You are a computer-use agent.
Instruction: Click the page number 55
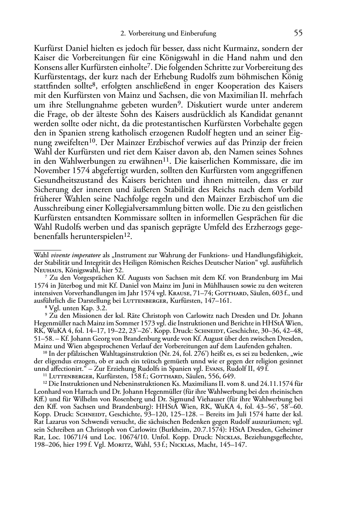pos(298,33)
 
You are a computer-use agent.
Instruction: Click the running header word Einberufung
pos(199,34)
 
